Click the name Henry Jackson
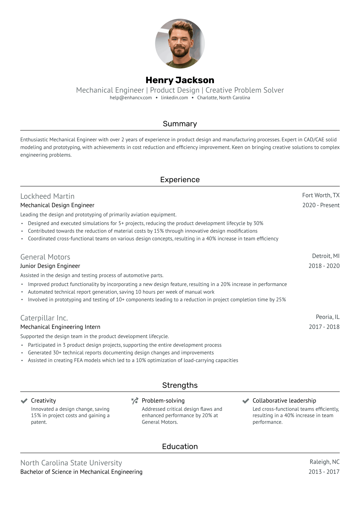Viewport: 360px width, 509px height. (180, 80)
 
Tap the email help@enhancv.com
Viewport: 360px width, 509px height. (131, 98)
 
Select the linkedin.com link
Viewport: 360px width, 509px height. (174, 98)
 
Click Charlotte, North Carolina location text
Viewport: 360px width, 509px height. (223, 98)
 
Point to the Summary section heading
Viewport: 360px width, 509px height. (180, 124)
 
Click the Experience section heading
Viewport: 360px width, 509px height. (180, 180)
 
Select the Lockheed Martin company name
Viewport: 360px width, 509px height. (47, 196)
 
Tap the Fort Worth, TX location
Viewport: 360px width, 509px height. (321, 195)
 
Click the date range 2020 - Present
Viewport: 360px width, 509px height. (321, 205)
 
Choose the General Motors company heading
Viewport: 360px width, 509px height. (45, 257)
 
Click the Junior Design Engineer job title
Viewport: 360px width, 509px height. (50, 266)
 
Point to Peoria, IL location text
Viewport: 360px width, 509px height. (328, 317)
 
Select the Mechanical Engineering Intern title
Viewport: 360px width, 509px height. (60, 327)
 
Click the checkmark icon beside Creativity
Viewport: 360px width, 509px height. (24, 401)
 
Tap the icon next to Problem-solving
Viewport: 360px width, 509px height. (135, 401)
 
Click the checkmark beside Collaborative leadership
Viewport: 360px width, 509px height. (246, 401)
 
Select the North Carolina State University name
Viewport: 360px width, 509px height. (71, 463)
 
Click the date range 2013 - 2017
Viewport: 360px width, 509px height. (324, 472)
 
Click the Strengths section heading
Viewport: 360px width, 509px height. (180, 385)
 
